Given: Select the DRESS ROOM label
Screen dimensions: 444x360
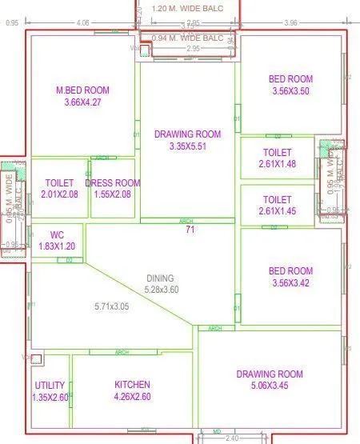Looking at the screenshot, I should (x=112, y=183).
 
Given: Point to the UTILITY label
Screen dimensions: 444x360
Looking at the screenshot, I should (x=50, y=386).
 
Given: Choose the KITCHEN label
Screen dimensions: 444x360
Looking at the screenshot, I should (x=133, y=386).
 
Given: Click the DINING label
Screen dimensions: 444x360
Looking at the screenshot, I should (x=159, y=278).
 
